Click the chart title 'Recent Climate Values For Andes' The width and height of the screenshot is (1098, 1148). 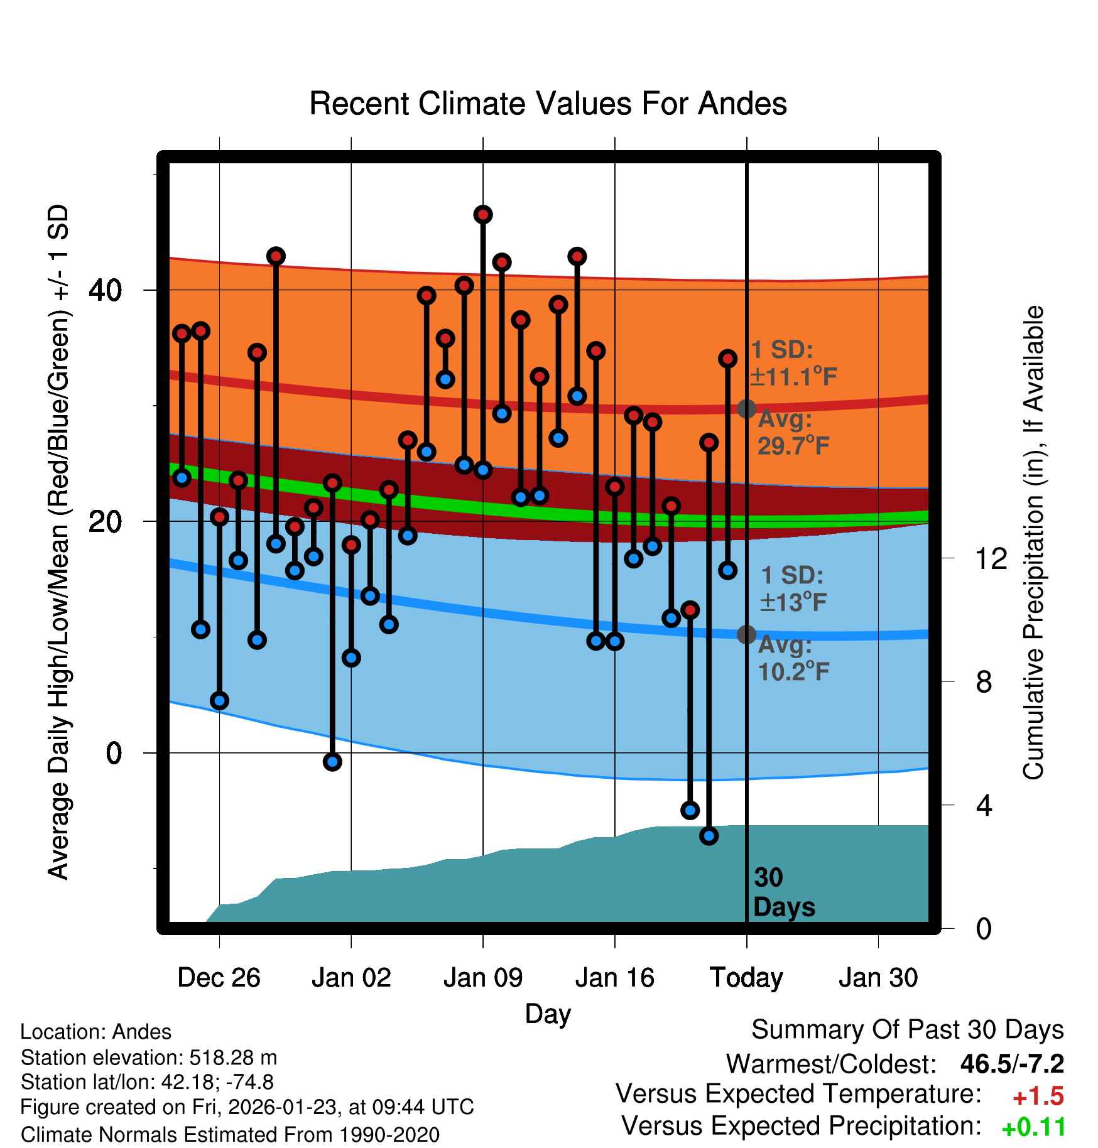pyautogui.click(x=548, y=104)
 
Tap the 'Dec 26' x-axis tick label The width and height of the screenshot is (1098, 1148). pyautogui.click(x=219, y=978)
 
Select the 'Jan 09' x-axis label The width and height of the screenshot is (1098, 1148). pyautogui.click(x=482, y=978)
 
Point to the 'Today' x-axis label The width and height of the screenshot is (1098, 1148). pyautogui.click(x=746, y=978)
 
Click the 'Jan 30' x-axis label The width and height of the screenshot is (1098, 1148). pyautogui.click(x=878, y=978)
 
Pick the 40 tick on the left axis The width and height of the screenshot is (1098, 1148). pyautogui.click(x=105, y=290)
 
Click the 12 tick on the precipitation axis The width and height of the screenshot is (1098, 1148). pyautogui.click(x=991, y=558)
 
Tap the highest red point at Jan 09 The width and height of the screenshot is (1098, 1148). pyautogui.click(x=483, y=215)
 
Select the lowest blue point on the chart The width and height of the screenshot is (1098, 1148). pyautogui.click(x=709, y=836)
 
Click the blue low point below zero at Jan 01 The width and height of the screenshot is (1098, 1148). pyautogui.click(x=332, y=762)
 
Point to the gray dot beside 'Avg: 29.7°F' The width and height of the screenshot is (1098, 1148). pyautogui.click(x=746, y=409)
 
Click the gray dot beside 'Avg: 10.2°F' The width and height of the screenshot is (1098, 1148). pyautogui.click(x=746, y=635)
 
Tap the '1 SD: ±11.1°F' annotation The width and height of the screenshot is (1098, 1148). pyautogui.click(x=793, y=363)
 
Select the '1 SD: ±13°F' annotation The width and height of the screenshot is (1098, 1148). pyautogui.click(x=793, y=588)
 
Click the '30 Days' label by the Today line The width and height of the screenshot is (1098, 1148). pyautogui.click(x=783, y=892)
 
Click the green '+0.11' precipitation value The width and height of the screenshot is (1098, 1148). pyautogui.click(x=1033, y=1128)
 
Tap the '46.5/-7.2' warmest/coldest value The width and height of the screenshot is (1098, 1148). pyautogui.click(x=1012, y=1064)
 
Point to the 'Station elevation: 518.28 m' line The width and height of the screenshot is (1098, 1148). pyautogui.click(x=149, y=1058)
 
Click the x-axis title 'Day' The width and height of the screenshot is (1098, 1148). pyautogui.click(x=548, y=1014)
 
